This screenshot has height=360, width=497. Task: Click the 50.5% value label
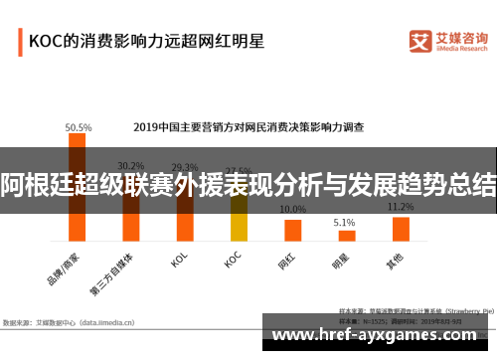(78, 127)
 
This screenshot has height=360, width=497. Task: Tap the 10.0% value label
(292, 210)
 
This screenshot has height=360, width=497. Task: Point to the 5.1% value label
(344, 222)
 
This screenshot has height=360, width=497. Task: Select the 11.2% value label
(400, 207)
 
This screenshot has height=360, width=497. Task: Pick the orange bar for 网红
(292, 230)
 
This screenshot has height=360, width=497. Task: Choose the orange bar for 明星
(346, 236)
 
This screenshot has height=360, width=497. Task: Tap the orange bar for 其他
(401, 229)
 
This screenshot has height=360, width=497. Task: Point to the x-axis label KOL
(179, 260)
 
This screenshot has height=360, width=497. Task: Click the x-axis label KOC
(232, 260)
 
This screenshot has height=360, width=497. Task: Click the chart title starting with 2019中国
(248, 127)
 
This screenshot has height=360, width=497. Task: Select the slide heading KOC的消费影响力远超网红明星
(145, 42)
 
